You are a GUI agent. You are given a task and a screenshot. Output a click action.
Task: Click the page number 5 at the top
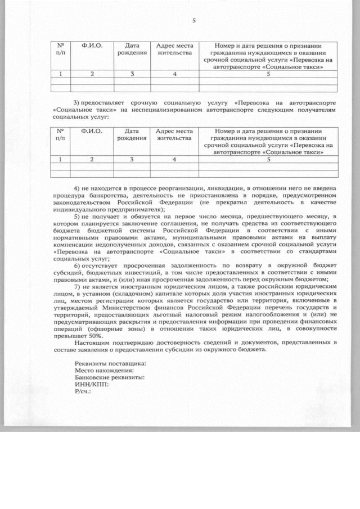tap(193, 21)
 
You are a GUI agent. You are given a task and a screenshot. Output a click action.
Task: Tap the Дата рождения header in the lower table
tap(132, 134)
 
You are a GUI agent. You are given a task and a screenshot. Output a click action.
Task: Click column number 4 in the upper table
tap(175, 74)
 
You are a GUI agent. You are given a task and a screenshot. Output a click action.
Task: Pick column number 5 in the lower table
tap(268, 159)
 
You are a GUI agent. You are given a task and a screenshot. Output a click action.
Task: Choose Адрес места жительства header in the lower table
tap(174, 134)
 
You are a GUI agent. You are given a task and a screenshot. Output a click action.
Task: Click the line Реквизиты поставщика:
tap(110, 364)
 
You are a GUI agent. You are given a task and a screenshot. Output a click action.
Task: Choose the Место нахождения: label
tap(105, 371)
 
